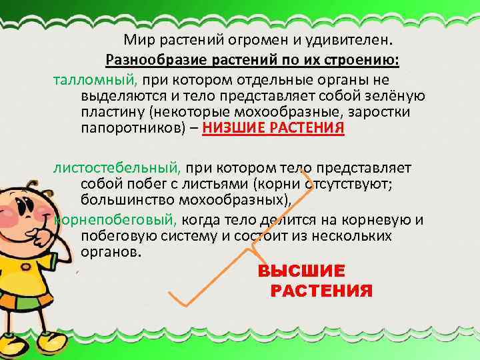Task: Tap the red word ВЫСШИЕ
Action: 301,272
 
